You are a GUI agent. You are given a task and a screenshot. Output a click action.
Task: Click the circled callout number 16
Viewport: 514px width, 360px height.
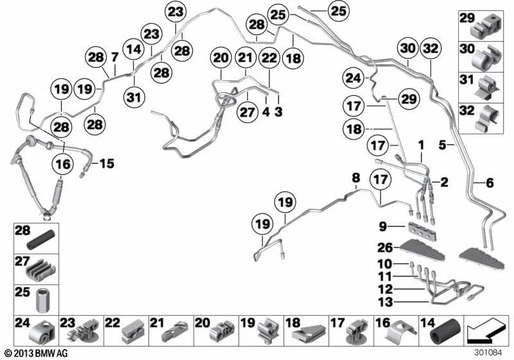tap(63, 163)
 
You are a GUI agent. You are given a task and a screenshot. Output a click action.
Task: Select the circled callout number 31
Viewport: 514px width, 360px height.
tap(134, 97)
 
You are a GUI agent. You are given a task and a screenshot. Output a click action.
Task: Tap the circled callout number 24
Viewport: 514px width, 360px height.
tap(353, 78)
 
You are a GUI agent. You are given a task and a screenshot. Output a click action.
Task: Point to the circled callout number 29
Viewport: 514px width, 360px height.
tap(409, 99)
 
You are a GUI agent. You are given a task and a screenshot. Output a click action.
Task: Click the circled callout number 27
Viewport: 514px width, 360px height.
tap(247, 112)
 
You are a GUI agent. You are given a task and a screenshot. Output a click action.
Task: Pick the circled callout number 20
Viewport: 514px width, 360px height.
tap(220, 59)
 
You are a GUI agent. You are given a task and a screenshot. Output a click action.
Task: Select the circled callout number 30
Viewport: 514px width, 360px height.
tap(408, 48)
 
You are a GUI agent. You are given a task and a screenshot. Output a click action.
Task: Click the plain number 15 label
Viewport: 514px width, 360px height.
tap(107, 163)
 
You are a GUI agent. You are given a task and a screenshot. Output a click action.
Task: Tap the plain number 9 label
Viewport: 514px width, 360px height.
tap(382, 226)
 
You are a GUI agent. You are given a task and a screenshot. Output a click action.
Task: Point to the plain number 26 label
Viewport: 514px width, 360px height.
tap(385, 248)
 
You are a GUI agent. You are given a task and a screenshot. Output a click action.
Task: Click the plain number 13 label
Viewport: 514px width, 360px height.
tap(385, 301)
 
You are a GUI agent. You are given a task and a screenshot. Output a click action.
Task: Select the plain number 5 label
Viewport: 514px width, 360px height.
tap(443, 145)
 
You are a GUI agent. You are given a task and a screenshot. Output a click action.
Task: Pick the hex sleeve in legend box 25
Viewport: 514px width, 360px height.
tap(42, 300)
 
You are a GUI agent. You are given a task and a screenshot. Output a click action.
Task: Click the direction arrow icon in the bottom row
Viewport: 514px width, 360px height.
tap(487, 332)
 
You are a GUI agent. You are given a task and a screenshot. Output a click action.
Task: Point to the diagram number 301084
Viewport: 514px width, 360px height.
tap(488, 353)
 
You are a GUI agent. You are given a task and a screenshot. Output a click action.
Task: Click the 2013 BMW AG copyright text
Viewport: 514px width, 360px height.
tap(37, 353)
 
